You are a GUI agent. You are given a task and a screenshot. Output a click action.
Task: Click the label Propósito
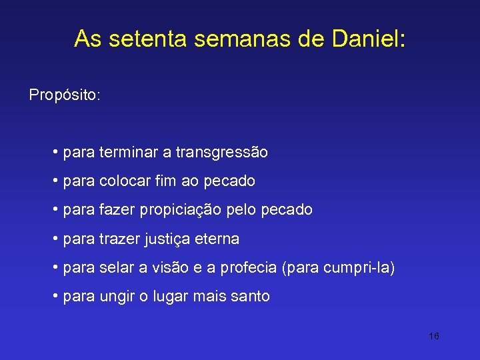tap(64, 95)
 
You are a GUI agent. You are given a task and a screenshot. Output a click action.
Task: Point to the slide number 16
tap(433, 336)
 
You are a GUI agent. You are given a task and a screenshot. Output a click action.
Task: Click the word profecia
tap(251, 268)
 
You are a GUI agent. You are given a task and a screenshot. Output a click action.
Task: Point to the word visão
tap(173, 268)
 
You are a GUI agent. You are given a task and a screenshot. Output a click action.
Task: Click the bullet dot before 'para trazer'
tap(55, 238)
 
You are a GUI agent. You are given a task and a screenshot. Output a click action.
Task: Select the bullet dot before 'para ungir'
tap(55, 296)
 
